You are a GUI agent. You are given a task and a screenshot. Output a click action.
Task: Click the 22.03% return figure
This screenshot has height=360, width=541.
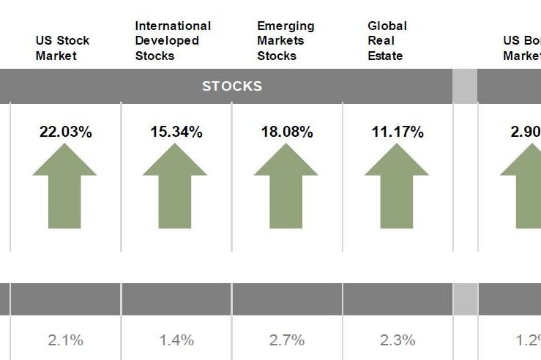coord(66,132)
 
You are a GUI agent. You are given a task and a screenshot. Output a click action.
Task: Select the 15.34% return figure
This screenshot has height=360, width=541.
coord(176,132)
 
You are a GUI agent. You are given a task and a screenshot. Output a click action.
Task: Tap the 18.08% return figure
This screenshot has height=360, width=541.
coord(287,132)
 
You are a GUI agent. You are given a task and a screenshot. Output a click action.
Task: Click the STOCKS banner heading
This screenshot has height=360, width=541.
coord(232,86)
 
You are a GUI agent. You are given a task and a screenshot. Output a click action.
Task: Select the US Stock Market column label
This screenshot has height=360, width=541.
coord(62,48)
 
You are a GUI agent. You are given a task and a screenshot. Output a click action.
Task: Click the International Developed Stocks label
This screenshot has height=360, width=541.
coord(173,41)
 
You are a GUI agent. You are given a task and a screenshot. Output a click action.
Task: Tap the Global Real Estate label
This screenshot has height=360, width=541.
coord(387,41)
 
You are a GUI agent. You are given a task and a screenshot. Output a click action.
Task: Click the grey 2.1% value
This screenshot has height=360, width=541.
coord(66,340)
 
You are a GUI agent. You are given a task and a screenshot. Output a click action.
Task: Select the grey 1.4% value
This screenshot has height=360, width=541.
coord(176,340)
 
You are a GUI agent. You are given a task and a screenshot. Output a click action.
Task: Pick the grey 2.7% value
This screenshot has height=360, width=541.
coord(287,340)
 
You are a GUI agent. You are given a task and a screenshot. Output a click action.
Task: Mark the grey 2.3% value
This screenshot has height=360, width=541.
coord(398,340)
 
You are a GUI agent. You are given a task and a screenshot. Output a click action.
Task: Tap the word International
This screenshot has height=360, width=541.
coord(173,26)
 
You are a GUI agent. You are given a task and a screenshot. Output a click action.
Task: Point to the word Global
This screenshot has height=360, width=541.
coord(387,26)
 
